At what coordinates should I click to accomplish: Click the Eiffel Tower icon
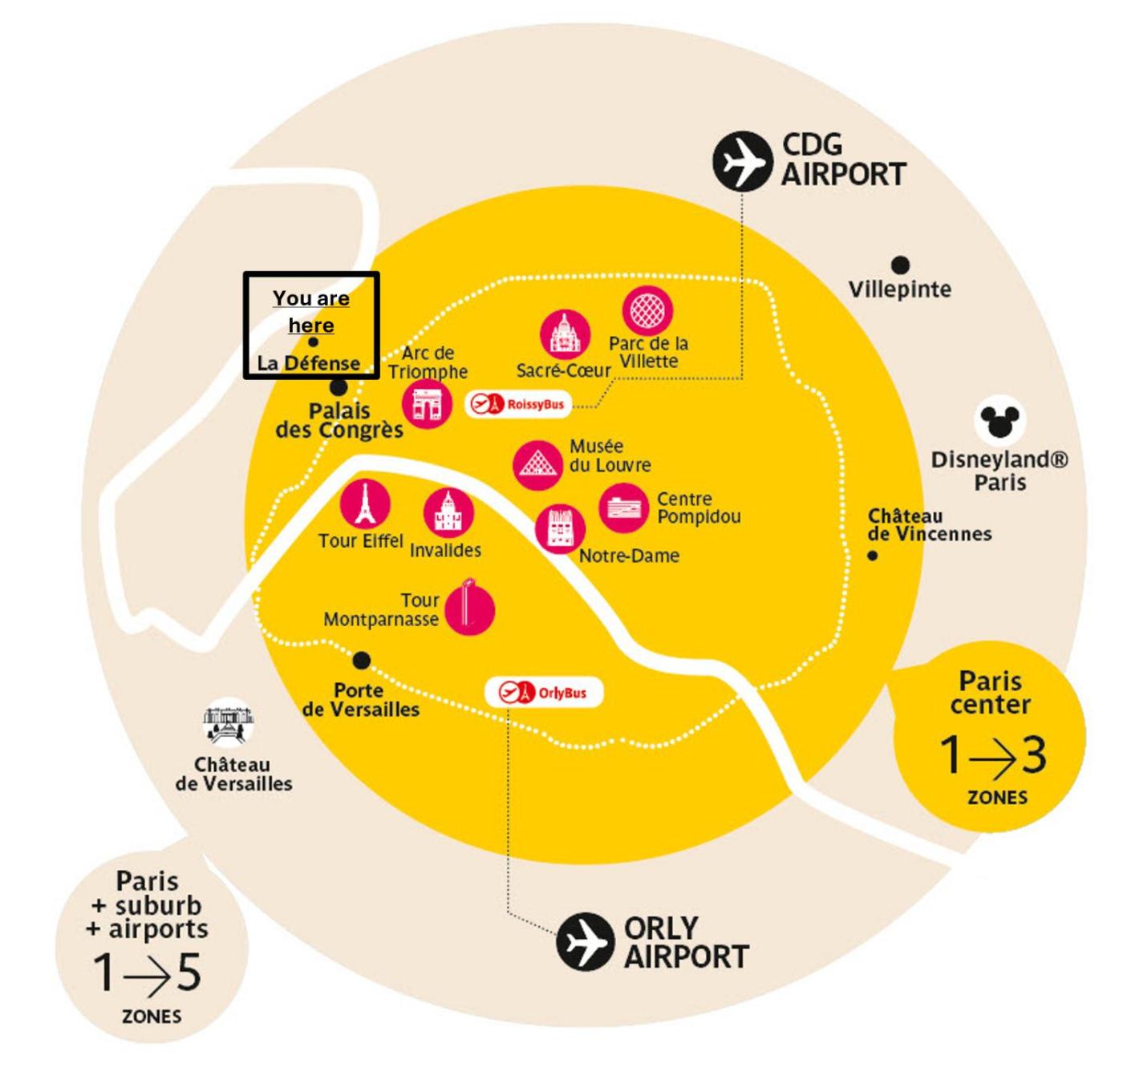365,505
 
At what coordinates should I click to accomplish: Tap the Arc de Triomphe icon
427,403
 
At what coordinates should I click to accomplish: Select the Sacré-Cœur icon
565,334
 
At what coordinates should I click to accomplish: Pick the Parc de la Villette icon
647,310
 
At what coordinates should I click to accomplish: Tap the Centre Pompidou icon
622,508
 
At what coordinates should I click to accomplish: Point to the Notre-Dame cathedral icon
560,529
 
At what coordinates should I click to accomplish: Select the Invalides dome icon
448,513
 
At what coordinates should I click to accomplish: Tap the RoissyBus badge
518,404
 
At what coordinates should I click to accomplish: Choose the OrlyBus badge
543,693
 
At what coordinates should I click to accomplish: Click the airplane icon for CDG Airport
742,161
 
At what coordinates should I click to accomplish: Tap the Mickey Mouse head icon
999,421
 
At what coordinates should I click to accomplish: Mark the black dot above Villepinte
901,265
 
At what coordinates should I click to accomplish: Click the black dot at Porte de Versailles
362,661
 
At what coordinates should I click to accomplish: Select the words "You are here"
311,312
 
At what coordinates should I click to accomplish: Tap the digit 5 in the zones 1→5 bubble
189,973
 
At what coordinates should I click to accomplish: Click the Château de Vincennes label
929,525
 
